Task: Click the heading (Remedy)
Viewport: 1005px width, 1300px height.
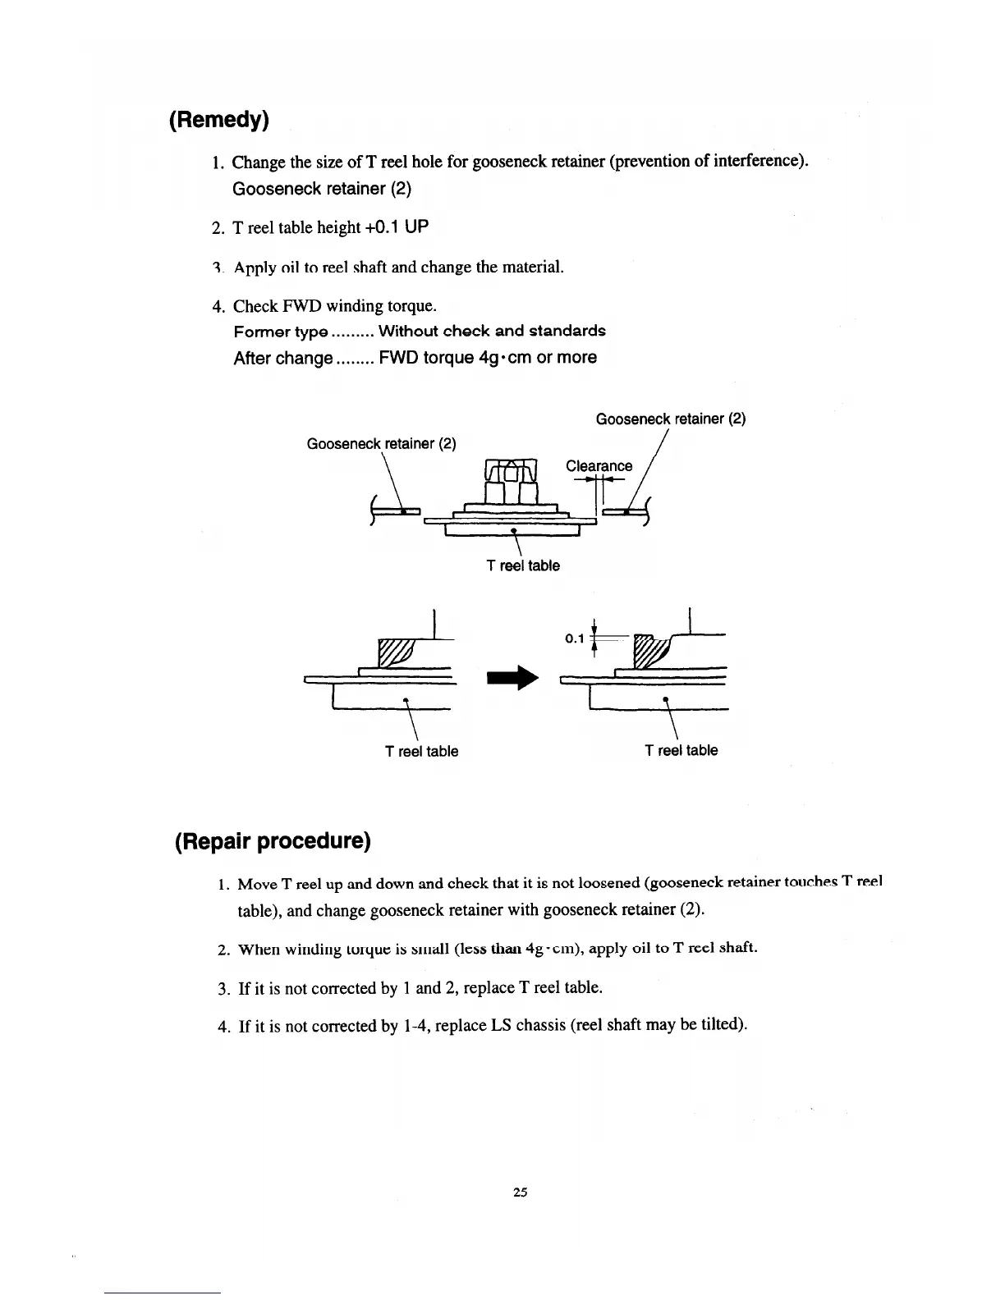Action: pos(218,120)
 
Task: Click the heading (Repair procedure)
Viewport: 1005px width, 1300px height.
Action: pos(273,841)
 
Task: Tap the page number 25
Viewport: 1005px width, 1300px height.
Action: pos(519,1192)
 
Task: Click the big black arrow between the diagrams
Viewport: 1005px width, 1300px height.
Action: pos(512,677)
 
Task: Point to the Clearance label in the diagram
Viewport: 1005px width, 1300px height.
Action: pos(599,466)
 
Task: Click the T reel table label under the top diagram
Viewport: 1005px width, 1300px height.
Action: pos(522,565)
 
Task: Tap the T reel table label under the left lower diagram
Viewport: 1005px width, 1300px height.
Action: pos(421,751)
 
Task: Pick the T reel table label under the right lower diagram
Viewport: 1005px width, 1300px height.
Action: pos(681,750)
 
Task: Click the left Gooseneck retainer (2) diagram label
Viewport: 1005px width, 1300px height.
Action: pos(381,444)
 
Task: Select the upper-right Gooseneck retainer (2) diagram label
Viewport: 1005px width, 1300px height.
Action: pos(670,419)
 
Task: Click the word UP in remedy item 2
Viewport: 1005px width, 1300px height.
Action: pos(416,227)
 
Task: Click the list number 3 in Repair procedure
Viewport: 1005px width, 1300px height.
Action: pos(223,987)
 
